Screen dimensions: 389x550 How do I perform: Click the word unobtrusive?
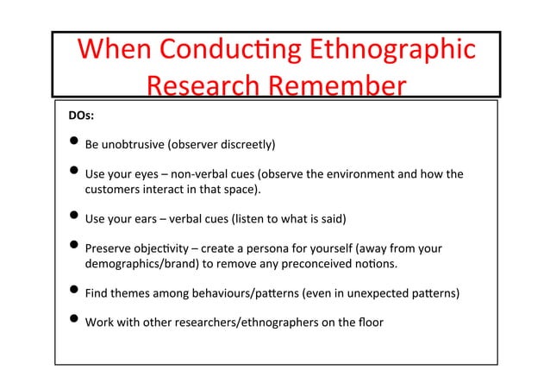tap(132, 144)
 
